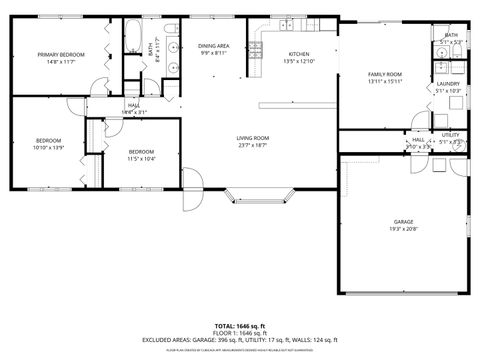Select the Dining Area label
click(x=213, y=46)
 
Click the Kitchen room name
click(x=299, y=54)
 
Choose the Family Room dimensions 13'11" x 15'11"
click(x=385, y=82)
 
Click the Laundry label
click(x=448, y=84)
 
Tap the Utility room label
click(x=450, y=134)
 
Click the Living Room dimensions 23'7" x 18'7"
click(x=252, y=145)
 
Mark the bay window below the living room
click(x=259, y=191)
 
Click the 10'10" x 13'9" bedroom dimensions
click(x=48, y=147)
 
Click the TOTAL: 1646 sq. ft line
click(x=240, y=325)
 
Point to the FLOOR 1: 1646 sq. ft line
click(x=240, y=332)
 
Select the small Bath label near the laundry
click(x=451, y=35)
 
